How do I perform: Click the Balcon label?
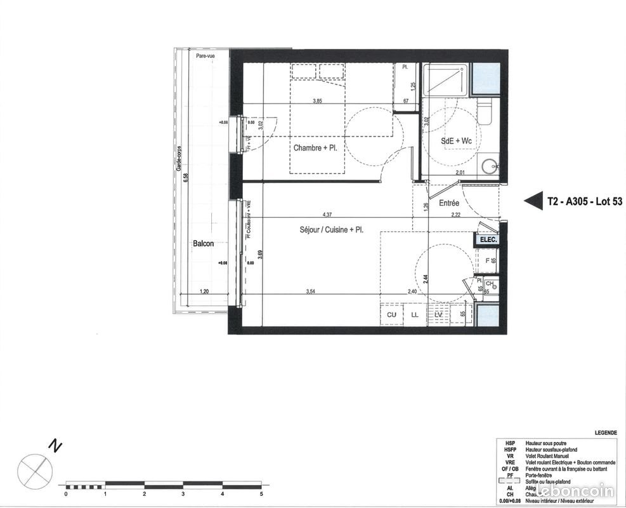(x=204, y=243)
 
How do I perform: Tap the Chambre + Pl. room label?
(x=315, y=148)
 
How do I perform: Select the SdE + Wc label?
(x=456, y=140)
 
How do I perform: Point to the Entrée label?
(x=449, y=203)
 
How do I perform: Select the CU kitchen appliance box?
(x=391, y=314)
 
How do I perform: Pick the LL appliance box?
(x=415, y=314)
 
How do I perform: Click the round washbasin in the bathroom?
(x=489, y=167)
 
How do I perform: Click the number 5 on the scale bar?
(x=261, y=493)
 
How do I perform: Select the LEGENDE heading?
(x=606, y=432)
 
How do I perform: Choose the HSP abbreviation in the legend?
(x=510, y=443)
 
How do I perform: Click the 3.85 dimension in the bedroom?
(x=318, y=100)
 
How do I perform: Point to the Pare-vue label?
(x=205, y=57)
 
